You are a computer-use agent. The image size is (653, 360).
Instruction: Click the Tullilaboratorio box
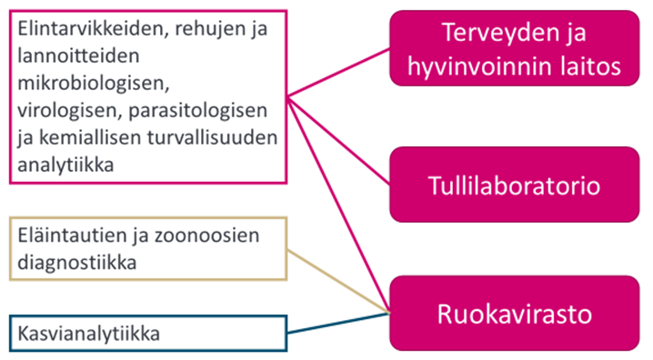pos(514,186)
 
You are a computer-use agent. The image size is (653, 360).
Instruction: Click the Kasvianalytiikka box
pos(146,334)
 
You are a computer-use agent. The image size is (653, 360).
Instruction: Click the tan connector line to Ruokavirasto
pos(337,279)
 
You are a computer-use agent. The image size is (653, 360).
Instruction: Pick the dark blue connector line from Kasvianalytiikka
pos(337,323)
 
